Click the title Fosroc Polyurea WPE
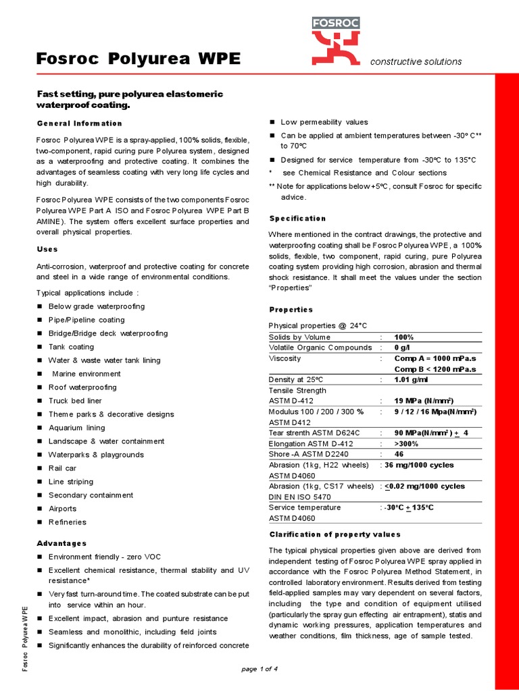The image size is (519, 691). pos(138,59)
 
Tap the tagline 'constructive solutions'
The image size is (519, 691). pos(416,61)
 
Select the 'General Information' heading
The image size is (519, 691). pos(79,123)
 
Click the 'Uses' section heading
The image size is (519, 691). pos(47,249)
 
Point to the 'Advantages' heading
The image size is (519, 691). pos(61,543)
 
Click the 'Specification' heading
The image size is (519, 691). pos(297,219)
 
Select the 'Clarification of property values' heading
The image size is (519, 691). pos(335,534)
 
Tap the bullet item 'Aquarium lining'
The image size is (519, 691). pos(76,428)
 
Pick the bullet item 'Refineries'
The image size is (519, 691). pos(68,522)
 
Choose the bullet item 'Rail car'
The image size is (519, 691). pos(62,468)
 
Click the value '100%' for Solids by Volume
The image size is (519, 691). pos(404,337)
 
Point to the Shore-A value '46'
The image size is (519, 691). pos(399,454)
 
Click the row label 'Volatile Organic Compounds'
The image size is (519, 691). pos(320,348)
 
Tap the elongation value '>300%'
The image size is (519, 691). pos(406,443)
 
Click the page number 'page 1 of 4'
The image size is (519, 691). pos(259,669)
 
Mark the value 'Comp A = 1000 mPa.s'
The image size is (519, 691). pos(435,358)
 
